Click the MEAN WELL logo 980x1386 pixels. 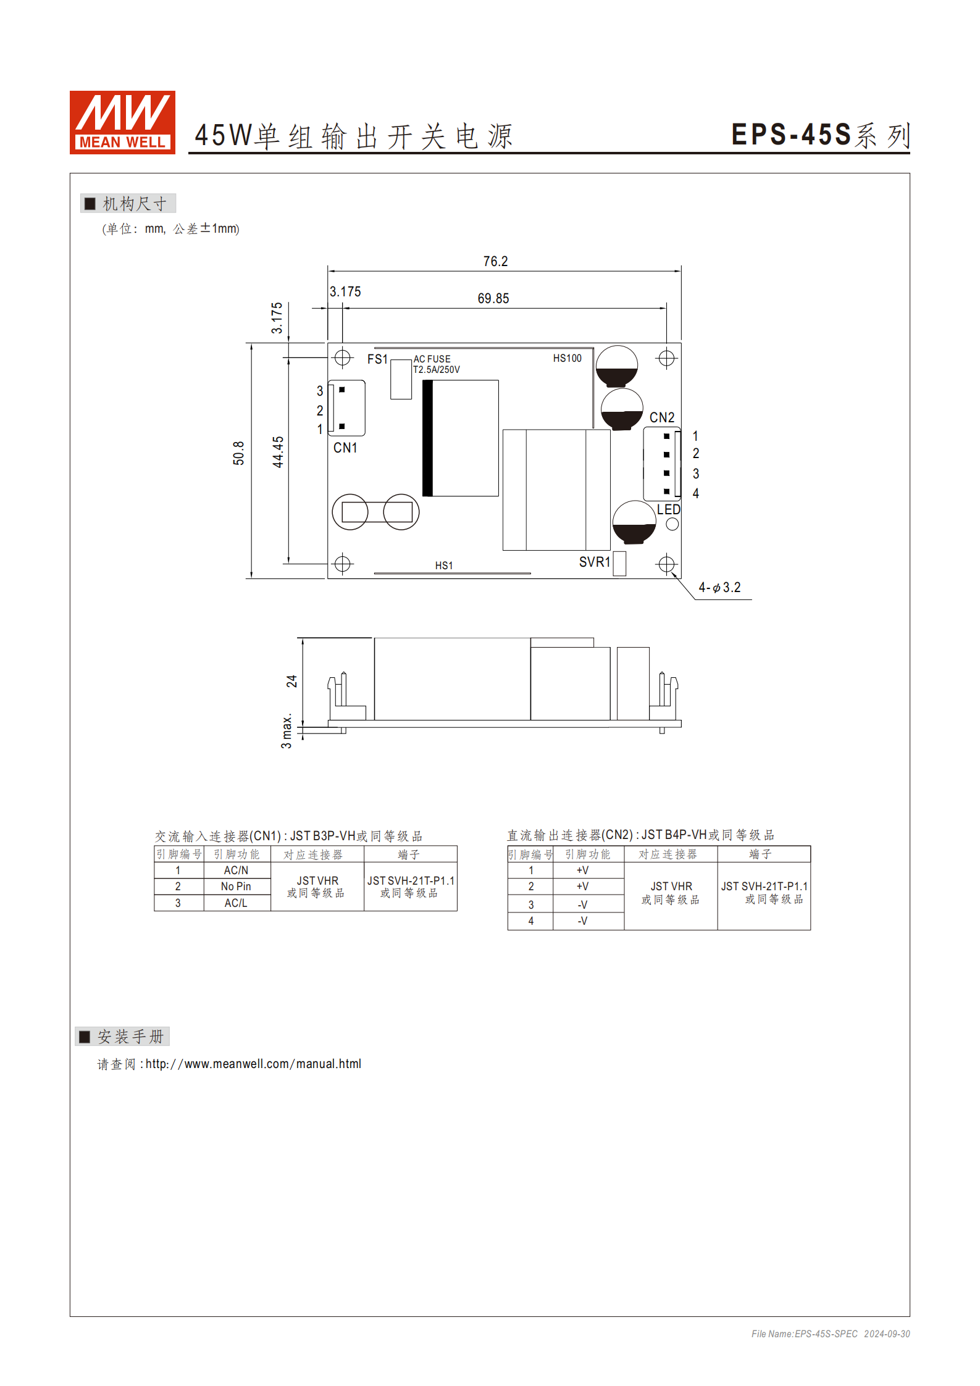(122, 122)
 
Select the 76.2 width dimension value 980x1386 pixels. (495, 262)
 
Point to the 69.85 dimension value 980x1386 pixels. (493, 299)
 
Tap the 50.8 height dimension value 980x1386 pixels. (239, 453)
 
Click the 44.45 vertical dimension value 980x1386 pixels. (279, 451)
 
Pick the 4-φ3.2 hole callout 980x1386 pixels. (719, 588)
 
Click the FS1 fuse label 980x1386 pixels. (377, 359)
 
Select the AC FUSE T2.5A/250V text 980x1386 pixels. (436, 364)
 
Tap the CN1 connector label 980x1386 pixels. (345, 448)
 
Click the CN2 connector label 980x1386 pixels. (662, 417)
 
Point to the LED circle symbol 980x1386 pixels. (672, 524)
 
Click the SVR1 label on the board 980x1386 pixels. (594, 562)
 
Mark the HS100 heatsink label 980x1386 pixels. (567, 358)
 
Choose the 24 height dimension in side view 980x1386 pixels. (291, 681)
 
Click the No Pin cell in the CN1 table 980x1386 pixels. (236, 887)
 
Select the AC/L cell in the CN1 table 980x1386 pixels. (236, 903)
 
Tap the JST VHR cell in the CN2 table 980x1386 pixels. (671, 893)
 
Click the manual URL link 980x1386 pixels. (253, 1064)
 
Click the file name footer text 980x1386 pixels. (830, 1334)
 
